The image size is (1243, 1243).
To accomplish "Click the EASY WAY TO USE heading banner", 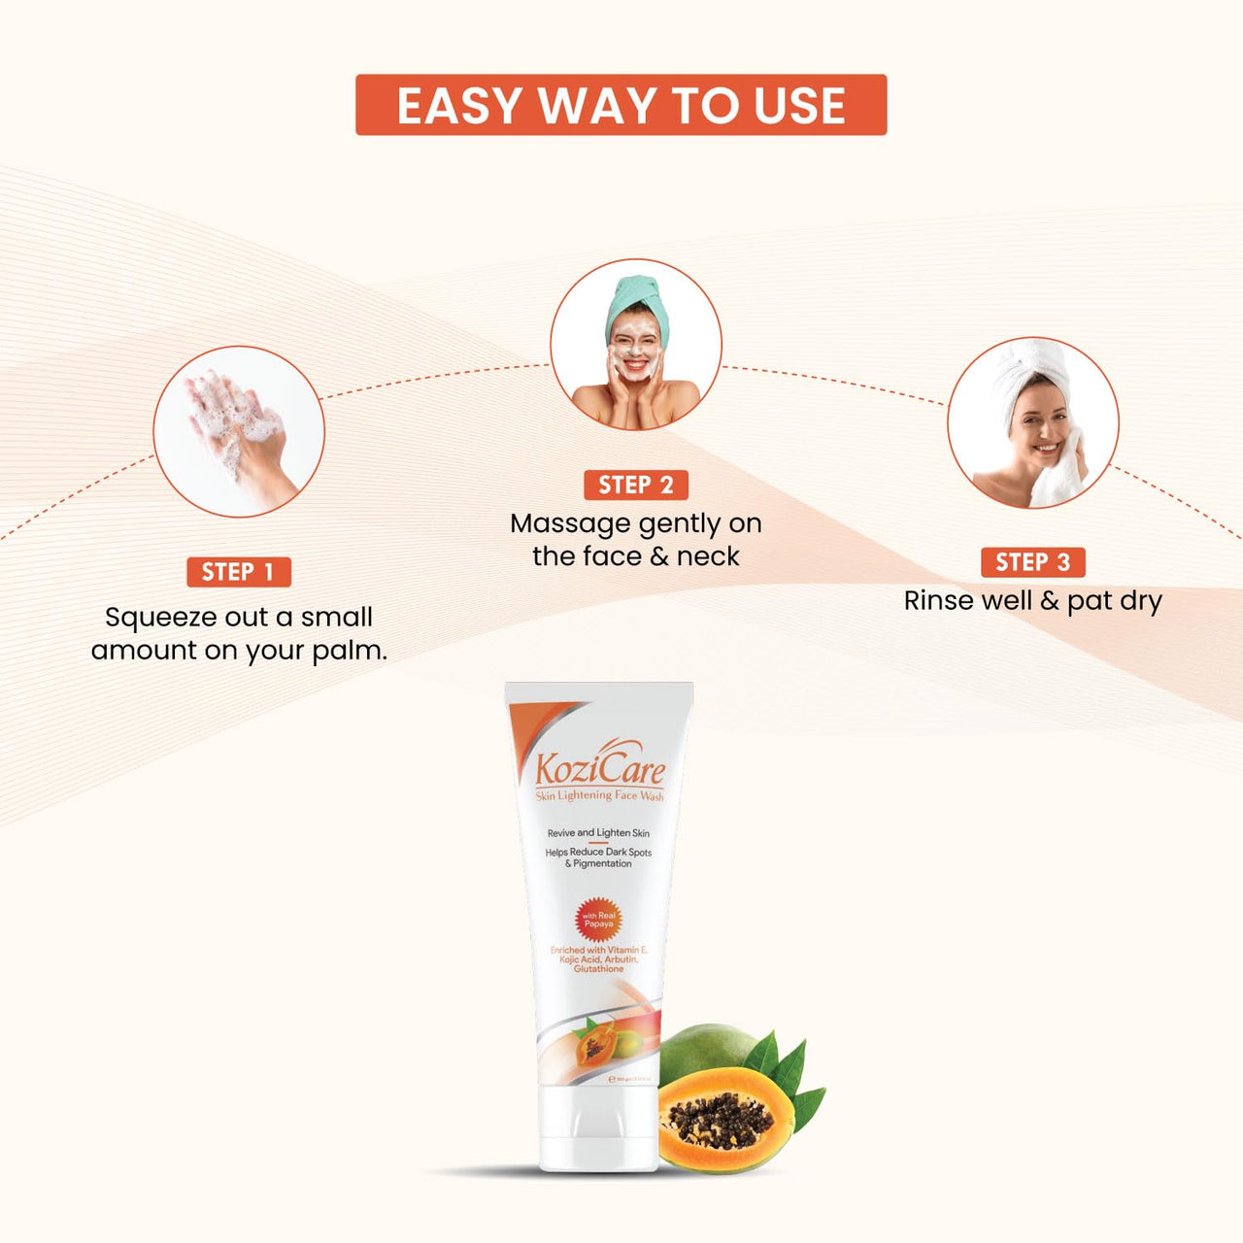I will pyautogui.click(x=621, y=105).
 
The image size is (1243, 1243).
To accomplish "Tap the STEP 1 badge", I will pyautogui.click(x=238, y=572).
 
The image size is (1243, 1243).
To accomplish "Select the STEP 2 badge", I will pyautogui.click(x=636, y=485).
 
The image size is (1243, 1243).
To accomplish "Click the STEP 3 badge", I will pyautogui.click(x=1032, y=562).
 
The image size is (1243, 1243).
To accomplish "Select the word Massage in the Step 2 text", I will pyautogui.click(x=570, y=524).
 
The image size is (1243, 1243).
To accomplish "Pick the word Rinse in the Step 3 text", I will pyautogui.click(x=933, y=601).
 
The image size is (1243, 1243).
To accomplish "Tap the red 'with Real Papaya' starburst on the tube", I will pyautogui.click(x=598, y=919).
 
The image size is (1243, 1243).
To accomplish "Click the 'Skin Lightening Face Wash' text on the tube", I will pyautogui.click(x=599, y=796).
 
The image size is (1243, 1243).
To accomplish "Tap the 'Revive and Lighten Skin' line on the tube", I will pyautogui.click(x=598, y=833).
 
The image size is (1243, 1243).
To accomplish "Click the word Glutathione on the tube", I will pyautogui.click(x=598, y=969).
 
